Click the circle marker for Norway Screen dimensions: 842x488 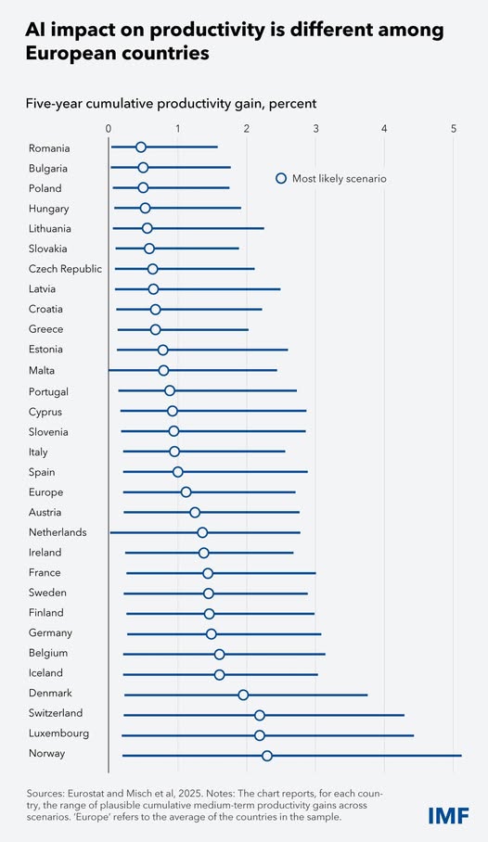pos(267,756)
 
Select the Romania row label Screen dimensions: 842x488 pos(49,147)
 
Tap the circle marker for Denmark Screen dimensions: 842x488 pos(243,695)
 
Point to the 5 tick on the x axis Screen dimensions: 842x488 pos(454,128)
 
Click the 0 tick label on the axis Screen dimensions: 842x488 pos(109,128)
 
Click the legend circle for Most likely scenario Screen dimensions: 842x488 pos(281,178)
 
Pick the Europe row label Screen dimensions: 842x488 pos(45,492)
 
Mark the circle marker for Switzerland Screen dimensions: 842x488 pos(260,715)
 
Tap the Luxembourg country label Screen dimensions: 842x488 pos(59,734)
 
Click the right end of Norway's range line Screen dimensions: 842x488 pos(461,756)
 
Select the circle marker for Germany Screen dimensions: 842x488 pos(211,634)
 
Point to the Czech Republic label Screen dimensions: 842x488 pos(66,269)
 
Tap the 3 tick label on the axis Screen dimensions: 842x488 pos(315,128)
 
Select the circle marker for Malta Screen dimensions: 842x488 pos(163,371)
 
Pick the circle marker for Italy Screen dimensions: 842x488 pos(174,452)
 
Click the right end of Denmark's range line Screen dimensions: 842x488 pos(367,695)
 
